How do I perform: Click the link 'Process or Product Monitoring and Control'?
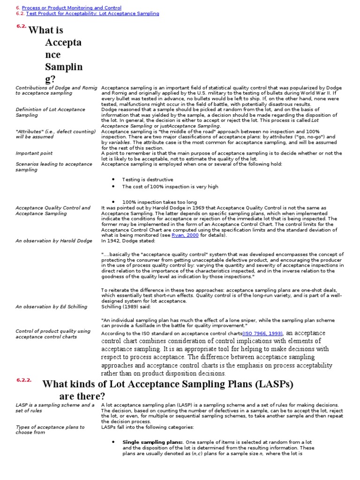point(71,8)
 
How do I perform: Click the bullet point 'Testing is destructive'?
point(147,180)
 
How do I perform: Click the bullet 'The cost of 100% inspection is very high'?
point(170,187)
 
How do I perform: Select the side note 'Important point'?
point(34,153)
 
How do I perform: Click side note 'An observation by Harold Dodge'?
point(54,241)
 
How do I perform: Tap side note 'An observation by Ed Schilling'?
point(52,307)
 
